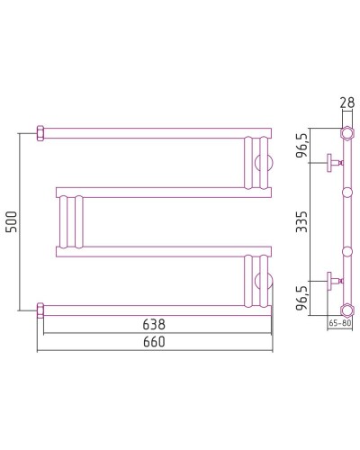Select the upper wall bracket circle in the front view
(x=264, y=163)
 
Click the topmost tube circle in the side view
(x=345, y=134)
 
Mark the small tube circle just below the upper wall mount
(x=345, y=192)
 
